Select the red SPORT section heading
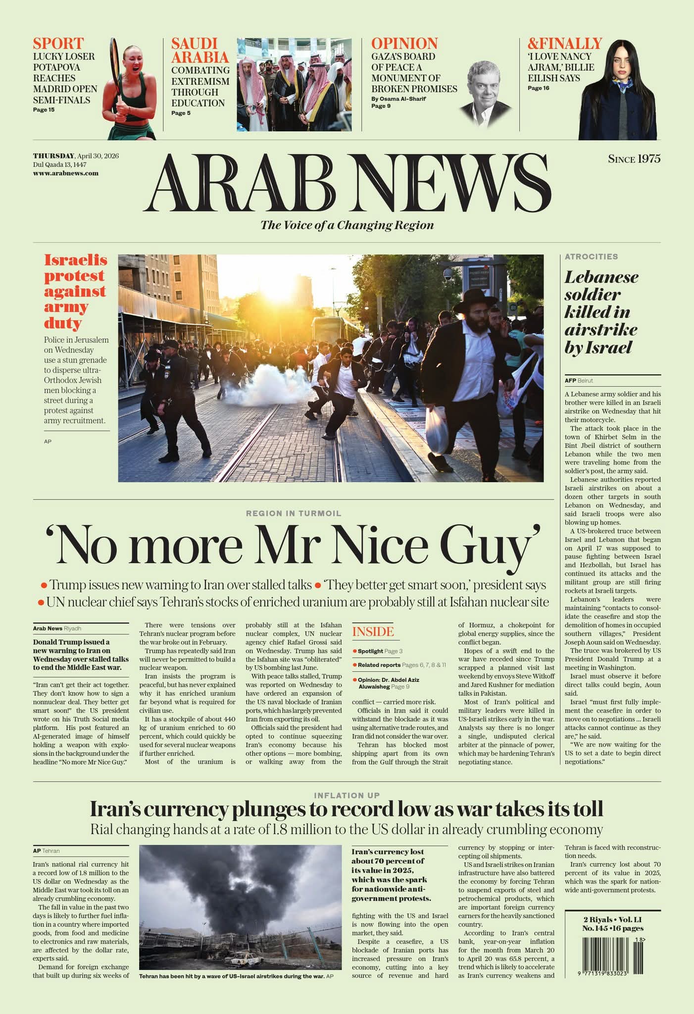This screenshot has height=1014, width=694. click(58, 43)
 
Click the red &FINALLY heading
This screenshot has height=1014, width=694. click(564, 43)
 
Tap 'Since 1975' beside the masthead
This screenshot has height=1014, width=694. click(634, 159)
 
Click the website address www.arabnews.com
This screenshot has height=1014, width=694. click(66, 173)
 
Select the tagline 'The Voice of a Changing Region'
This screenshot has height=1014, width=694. click(347, 225)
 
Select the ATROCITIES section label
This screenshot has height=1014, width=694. click(591, 256)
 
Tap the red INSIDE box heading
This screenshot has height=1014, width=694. click(373, 632)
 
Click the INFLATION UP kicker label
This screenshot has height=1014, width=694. click(347, 795)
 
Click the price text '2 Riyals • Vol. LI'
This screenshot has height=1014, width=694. click(612, 919)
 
